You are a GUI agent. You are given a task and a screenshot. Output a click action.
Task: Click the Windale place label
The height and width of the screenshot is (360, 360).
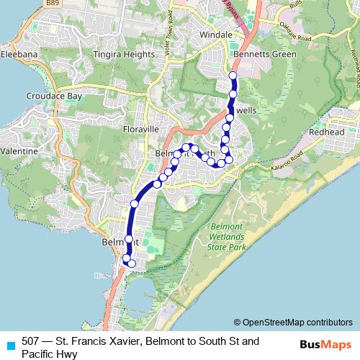point(216,35)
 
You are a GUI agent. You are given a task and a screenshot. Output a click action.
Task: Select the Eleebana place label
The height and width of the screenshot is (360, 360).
point(19,54)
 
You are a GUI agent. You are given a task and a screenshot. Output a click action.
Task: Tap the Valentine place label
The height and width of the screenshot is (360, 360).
point(19,152)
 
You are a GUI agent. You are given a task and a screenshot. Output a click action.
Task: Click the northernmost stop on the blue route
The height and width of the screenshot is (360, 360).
point(232,76)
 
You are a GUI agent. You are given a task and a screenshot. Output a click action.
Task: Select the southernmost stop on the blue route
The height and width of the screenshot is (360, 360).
point(132,264)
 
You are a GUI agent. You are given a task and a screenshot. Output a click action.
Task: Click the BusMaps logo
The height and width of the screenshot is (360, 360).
point(322,345)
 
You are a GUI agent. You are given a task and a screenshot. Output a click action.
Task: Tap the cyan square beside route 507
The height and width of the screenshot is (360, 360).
point(9,342)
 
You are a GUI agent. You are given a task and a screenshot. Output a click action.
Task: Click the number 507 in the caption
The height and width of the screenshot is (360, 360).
point(31,341)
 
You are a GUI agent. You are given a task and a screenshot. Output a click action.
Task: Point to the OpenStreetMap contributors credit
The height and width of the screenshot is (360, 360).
point(293,322)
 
